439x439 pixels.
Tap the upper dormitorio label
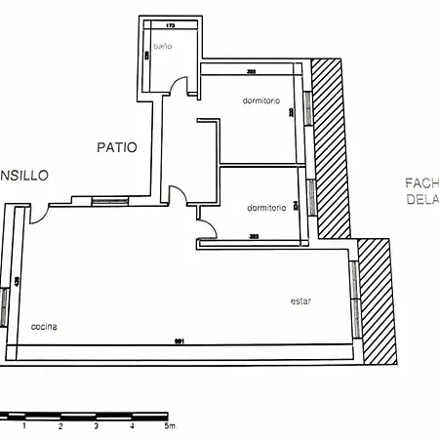[x=262, y=100]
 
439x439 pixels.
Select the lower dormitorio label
[x=266, y=208]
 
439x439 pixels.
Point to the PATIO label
[x=116, y=148]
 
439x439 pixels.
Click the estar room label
[x=300, y=301]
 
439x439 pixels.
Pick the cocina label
[x=43, y=326]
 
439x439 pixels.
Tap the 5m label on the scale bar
[x=170, y=426]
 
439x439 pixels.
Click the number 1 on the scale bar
[x=25, y=426]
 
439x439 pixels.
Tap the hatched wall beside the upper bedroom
[x=331, y=146]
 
